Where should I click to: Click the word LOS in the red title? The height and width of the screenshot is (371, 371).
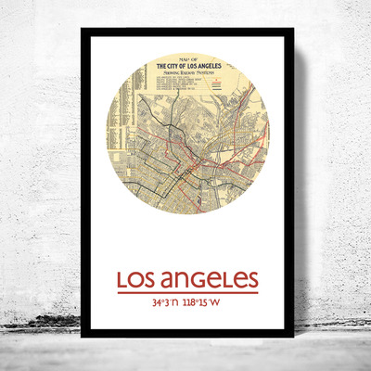[x=136, y=280]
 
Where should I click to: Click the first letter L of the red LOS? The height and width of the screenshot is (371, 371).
[x=122, y=280]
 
